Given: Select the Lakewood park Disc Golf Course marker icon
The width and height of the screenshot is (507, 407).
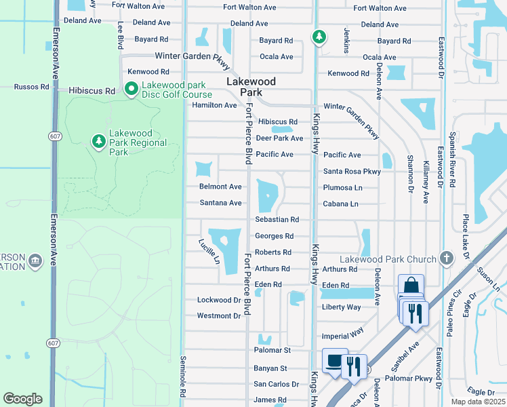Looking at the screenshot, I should point(131,89).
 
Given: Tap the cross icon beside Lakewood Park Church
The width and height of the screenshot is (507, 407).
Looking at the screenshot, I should point(446,258).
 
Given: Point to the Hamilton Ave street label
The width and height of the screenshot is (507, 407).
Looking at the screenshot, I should point(214,105).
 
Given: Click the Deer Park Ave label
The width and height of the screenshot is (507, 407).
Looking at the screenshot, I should point(279,138).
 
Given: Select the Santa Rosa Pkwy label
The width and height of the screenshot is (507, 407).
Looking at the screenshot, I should point(352,172).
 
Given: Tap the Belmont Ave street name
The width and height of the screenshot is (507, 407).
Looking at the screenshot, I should point(220,187).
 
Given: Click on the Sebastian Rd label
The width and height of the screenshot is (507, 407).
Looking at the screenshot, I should point(277,220).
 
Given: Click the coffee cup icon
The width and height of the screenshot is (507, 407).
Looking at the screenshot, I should point(334,361).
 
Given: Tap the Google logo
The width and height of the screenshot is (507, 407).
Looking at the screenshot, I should point(22,399).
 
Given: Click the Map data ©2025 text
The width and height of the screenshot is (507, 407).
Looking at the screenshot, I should point(478,402).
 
